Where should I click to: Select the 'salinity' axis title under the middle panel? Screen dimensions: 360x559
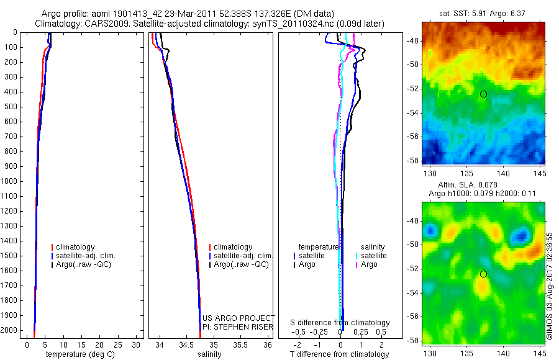[x=209, y=354]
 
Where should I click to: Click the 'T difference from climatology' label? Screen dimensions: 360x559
[x=339, y=354]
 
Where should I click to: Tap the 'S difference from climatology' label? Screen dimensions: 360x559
[x=340, y=323]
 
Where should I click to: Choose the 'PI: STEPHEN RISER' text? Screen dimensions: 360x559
[x=238, y=327]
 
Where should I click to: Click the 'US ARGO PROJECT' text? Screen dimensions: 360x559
[x=238, y=318]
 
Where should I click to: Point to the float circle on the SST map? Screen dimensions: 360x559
[x=483, y=94]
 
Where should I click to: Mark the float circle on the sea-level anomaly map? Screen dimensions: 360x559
[x=483, y=274]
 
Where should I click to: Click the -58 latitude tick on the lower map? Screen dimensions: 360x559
[x=414, y=341]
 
